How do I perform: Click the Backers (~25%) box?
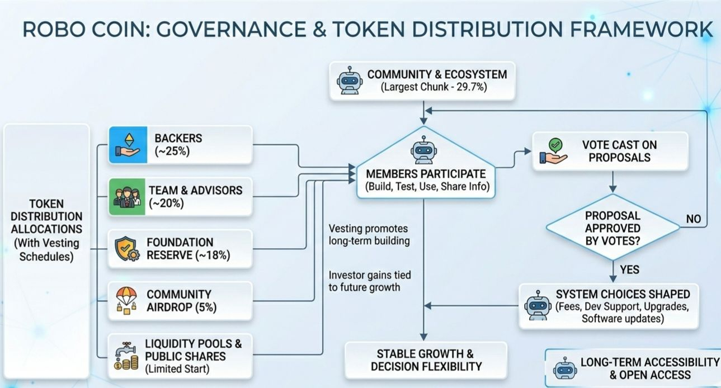[180, 144]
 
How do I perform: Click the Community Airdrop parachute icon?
[126, 300]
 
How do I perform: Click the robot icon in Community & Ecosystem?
[347, 81]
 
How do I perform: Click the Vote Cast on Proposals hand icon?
[553, 151]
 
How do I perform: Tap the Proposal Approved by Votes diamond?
[613, 228]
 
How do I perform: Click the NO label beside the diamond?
[694, 219]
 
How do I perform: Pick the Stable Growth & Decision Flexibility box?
[426, 360]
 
